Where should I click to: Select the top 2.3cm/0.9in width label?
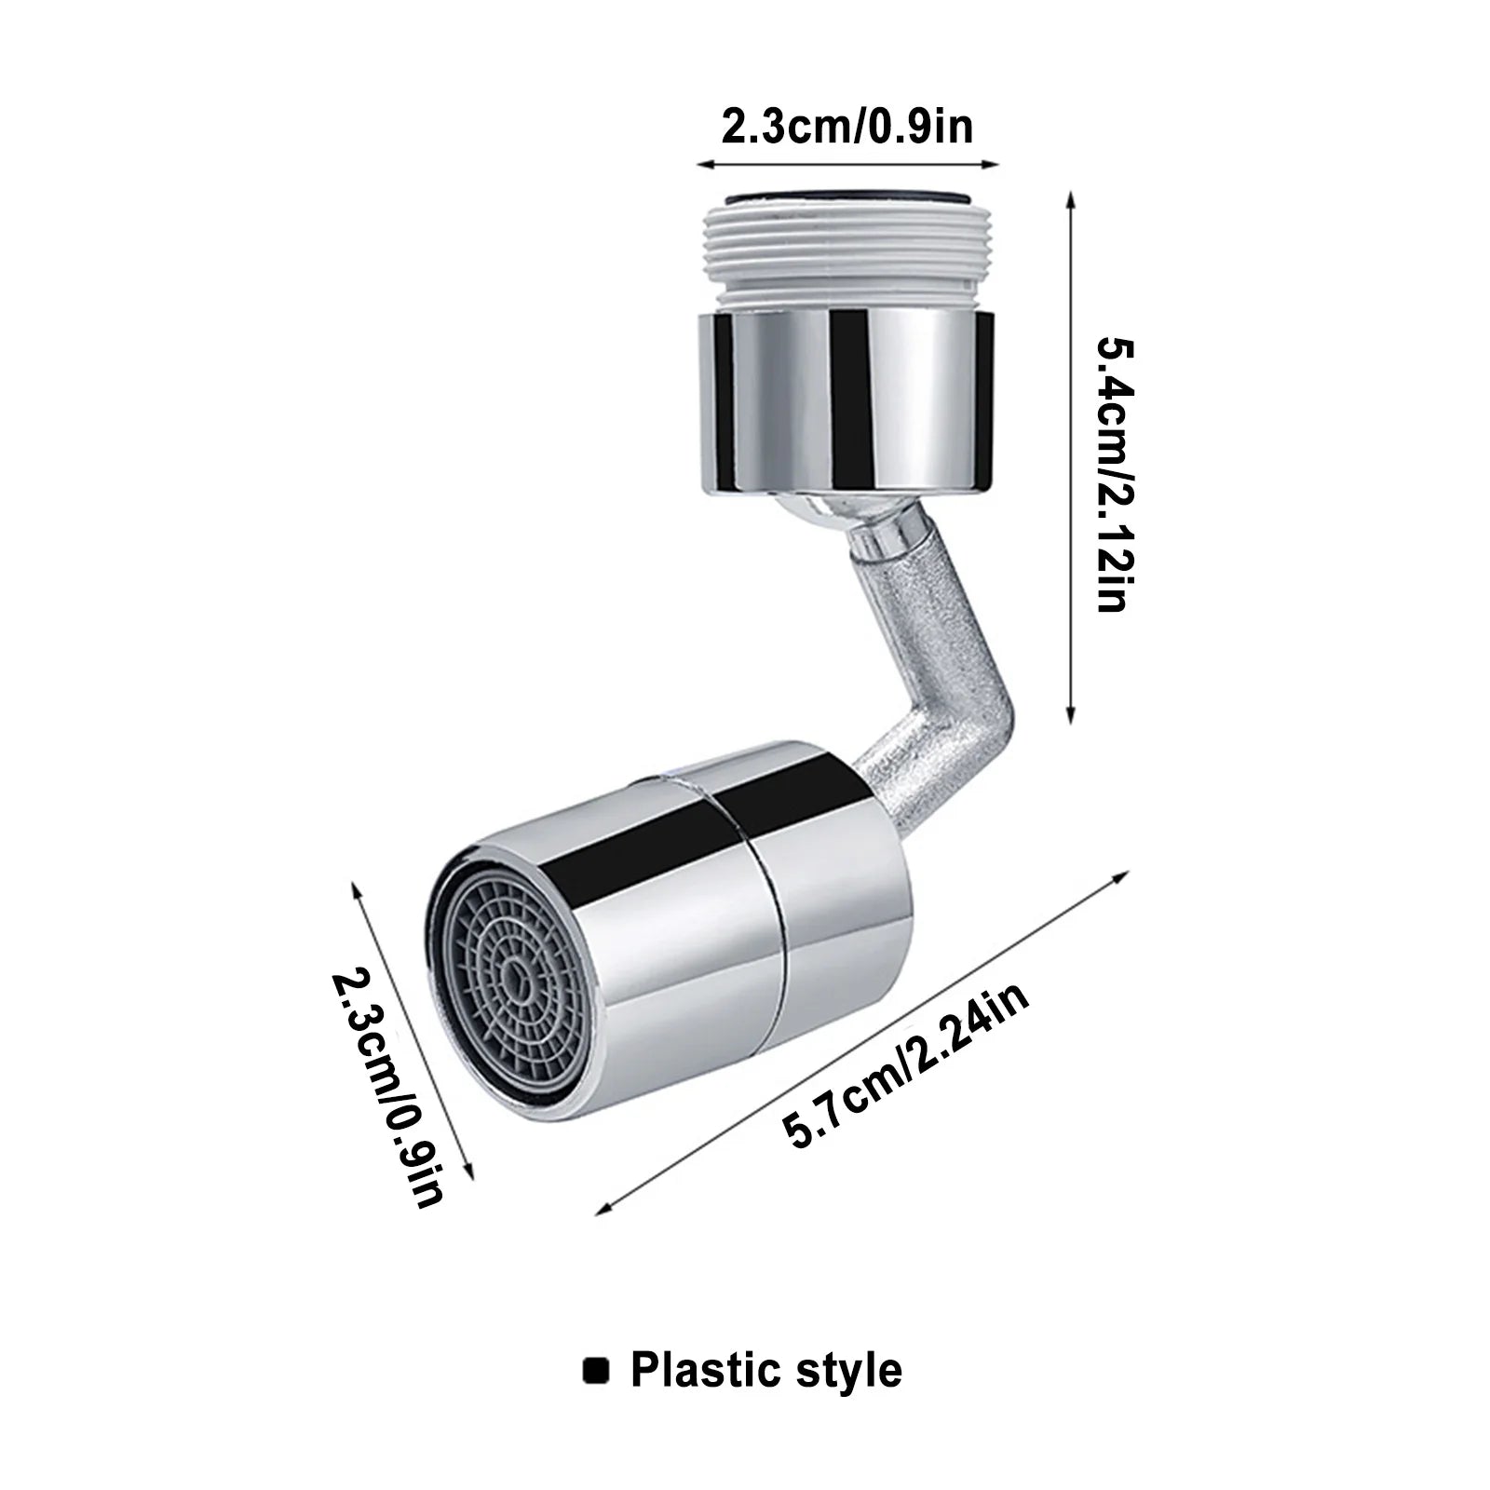(x=847, y=125)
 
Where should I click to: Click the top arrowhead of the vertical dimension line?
(x=1071, y=198)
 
